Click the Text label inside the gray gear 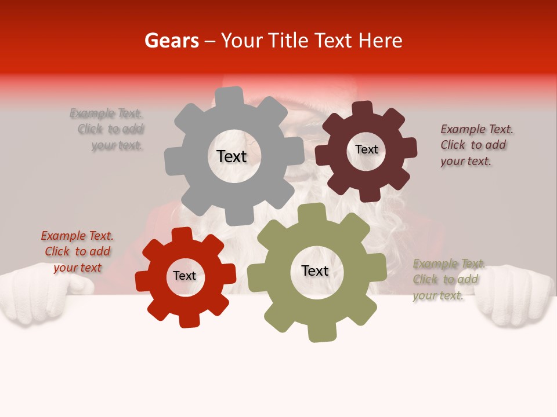[232, 156]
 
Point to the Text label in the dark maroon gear [366, 149]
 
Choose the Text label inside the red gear [185, 276]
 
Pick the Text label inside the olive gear [315, 270]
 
